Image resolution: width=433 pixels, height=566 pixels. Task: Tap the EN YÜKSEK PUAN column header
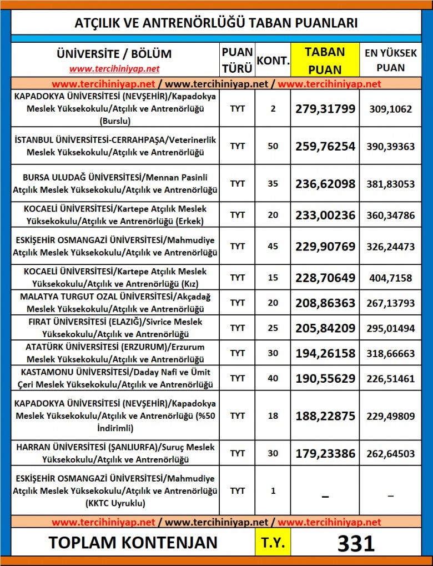point(390,60)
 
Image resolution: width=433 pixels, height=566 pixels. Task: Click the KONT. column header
point(273,60)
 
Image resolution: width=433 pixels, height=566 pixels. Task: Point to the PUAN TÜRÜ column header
point(237,60)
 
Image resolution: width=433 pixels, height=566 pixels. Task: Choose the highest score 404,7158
point(390,278)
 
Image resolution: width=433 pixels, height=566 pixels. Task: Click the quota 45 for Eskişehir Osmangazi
point(273,246)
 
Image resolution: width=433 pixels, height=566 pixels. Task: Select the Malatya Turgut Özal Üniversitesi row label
point(115,303)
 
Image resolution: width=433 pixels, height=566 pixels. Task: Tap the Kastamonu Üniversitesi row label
point(115,378)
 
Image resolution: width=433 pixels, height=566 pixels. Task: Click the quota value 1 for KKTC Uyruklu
point(273,491)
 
